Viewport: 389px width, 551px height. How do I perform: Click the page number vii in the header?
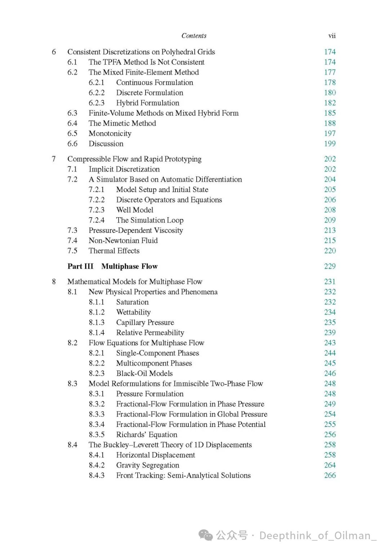(x=332, y=36)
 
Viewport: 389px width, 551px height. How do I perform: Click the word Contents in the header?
(x=194, y=36)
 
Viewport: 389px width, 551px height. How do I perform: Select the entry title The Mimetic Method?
(x=122, y=123)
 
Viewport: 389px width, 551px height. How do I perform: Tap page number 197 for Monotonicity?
(x=330, y=133)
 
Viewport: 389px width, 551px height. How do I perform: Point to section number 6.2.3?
(x=97, y=103)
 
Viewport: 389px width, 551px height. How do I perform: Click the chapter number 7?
(x=54, y=159)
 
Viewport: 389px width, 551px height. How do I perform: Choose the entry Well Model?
(x=135, y=210)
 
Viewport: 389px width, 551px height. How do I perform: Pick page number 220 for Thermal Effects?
(x=330, y=251)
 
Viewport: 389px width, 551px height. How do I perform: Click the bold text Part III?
(x=80, y=267)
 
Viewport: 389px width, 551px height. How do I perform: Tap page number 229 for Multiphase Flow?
(x=330, y=267)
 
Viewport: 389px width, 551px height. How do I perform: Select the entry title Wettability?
(x=133, y=312)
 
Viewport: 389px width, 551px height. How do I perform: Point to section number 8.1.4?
(x=97, y=333)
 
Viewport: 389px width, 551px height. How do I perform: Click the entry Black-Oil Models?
(x=144, y=373)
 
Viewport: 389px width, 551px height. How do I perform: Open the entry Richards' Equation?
(x=147, y=434)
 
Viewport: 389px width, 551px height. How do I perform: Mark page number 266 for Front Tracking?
(x=330, y=475)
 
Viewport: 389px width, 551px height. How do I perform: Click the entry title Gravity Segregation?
(x=147, y=465)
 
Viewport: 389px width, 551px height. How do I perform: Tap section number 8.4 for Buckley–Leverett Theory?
(x=72, y=445)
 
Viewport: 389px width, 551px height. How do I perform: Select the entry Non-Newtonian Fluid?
(x=123, y=241)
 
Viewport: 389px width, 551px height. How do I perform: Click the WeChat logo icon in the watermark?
(x=206, y=536)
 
